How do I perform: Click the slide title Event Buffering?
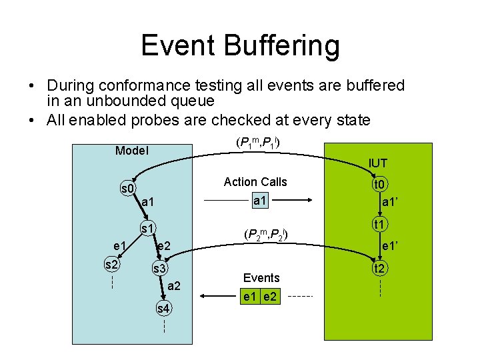tap(240, 45)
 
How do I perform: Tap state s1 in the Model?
tap(147, 229)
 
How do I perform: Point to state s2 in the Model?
tap(112, 265)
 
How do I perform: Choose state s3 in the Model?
tap(160, 269)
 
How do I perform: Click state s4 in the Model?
tap(163, 308)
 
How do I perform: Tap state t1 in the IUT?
tap(381, 225)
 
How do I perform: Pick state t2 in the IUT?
tap(380, 269)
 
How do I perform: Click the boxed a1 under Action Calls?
tap(260, 200)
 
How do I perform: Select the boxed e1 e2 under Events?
tap(261, 296)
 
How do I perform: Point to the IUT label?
tap(377, 163)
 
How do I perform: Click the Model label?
tap(131, 151)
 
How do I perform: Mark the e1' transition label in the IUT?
tap(391, 247)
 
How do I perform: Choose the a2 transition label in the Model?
tap(174, 286)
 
